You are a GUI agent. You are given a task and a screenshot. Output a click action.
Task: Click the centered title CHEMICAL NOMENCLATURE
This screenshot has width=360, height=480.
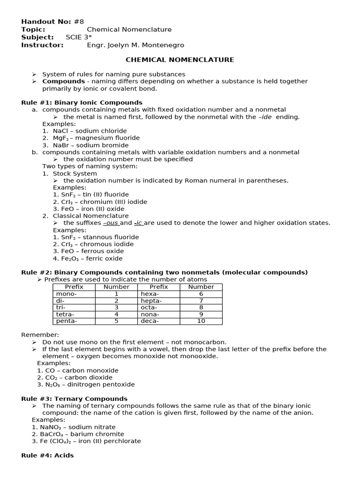(180, 60)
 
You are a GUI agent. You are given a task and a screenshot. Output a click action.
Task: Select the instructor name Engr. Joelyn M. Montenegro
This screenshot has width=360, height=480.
(135, 45)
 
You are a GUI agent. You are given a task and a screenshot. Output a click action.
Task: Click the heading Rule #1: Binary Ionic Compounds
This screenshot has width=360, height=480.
(82, 102)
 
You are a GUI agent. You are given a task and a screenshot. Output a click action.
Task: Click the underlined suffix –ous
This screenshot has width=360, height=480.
(111, 223)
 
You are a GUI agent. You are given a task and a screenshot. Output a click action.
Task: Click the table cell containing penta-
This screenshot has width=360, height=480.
(66, 321)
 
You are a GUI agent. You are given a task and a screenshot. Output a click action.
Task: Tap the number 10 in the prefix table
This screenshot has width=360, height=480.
(201, 321)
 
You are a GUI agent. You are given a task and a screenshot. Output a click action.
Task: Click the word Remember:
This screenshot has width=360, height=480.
(40, 335)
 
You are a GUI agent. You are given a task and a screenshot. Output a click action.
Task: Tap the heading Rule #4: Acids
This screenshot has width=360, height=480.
(47, 455)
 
